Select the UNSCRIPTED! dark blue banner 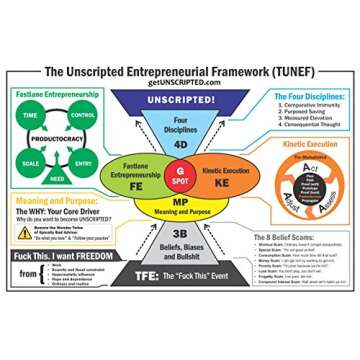pyautogui.click(x=180, y=99)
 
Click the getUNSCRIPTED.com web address pyautogui.click(x=180, y=85)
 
